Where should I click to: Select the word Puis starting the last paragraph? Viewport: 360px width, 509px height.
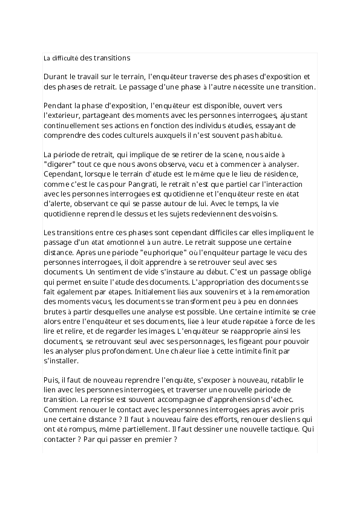pos(51,380)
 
